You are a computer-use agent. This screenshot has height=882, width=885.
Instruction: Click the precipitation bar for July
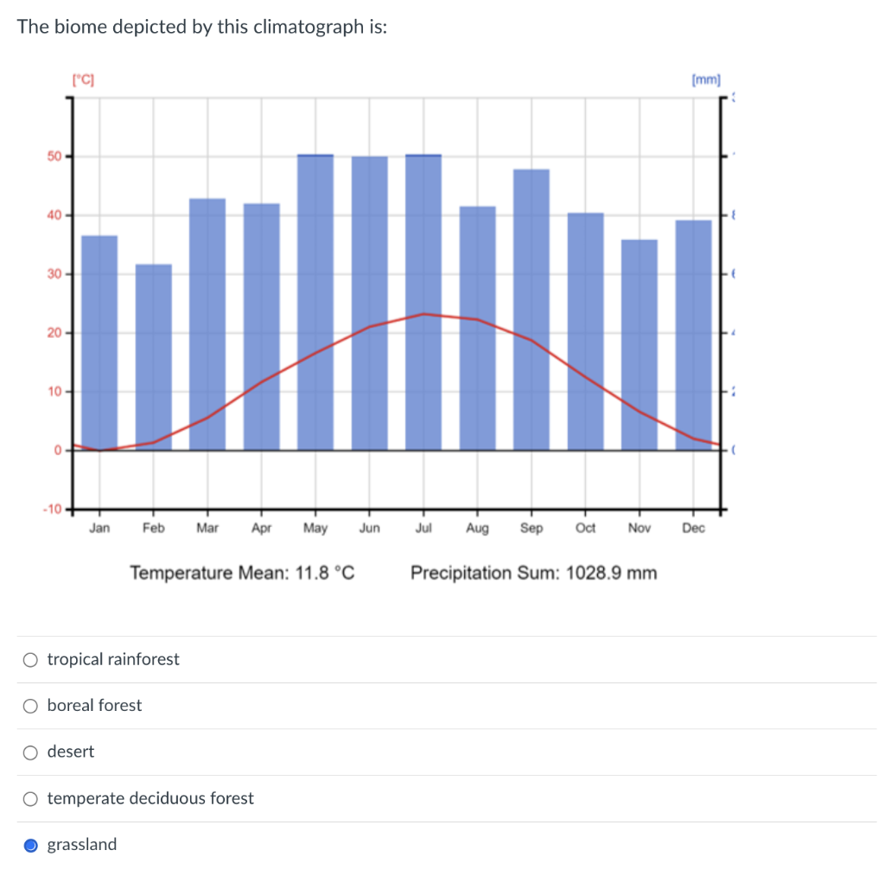click(x=423, y=301)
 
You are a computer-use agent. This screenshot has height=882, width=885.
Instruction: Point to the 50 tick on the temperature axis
click(x=54, y=156)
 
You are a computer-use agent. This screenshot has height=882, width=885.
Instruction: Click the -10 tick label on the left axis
click(x=51, y=509)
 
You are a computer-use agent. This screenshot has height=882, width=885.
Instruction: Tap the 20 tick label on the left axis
click(x=54, y=333)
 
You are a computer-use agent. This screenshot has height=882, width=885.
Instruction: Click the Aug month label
click(x=477, y=529)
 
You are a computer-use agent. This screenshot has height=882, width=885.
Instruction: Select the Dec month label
click(x=693, y=529)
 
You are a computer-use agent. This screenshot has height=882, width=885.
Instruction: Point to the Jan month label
click(x=99, y=529)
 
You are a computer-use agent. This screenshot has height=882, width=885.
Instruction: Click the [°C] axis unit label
click(x=84, y=80)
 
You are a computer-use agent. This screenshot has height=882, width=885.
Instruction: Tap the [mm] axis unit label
click(x=706, y=80)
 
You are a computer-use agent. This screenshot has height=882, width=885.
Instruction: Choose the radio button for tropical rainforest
click(x=31, y=660)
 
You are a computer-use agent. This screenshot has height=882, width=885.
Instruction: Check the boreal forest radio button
click(x=31, y=706)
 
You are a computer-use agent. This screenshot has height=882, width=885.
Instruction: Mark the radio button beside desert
click(x=31, y=752)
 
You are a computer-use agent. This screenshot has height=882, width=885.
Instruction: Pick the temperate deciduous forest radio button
click(x=31, y=798)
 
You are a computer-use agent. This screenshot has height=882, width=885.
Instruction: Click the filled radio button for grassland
click(x=31, y=845)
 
